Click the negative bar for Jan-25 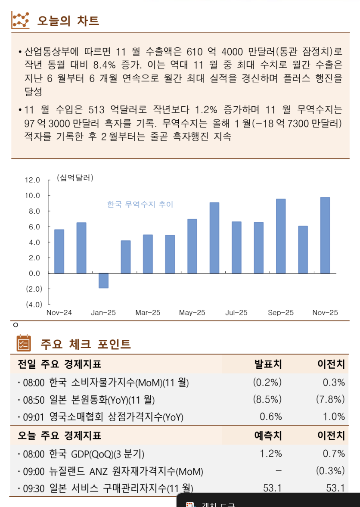coord(103,280)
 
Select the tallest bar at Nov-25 coord(325,235)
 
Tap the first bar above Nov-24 coord(59,251)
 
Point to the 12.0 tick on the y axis coord(32,180)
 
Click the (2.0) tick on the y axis coord(33,289)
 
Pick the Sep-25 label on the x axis coord(281,313)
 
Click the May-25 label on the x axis coord(192,313)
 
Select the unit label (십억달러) coord(75,177)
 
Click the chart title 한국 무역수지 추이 coord(140,205)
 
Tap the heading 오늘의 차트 coord(68,21)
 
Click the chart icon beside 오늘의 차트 coord(21,20)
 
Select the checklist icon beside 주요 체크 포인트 coord(24,343)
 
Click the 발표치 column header coord(268,364)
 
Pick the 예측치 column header coord(268,435)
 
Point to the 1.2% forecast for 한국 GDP coord(271,454)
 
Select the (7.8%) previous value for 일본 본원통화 coord(330,399)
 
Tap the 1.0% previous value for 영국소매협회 coord(334,417)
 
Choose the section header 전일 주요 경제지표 coord(59,364)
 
